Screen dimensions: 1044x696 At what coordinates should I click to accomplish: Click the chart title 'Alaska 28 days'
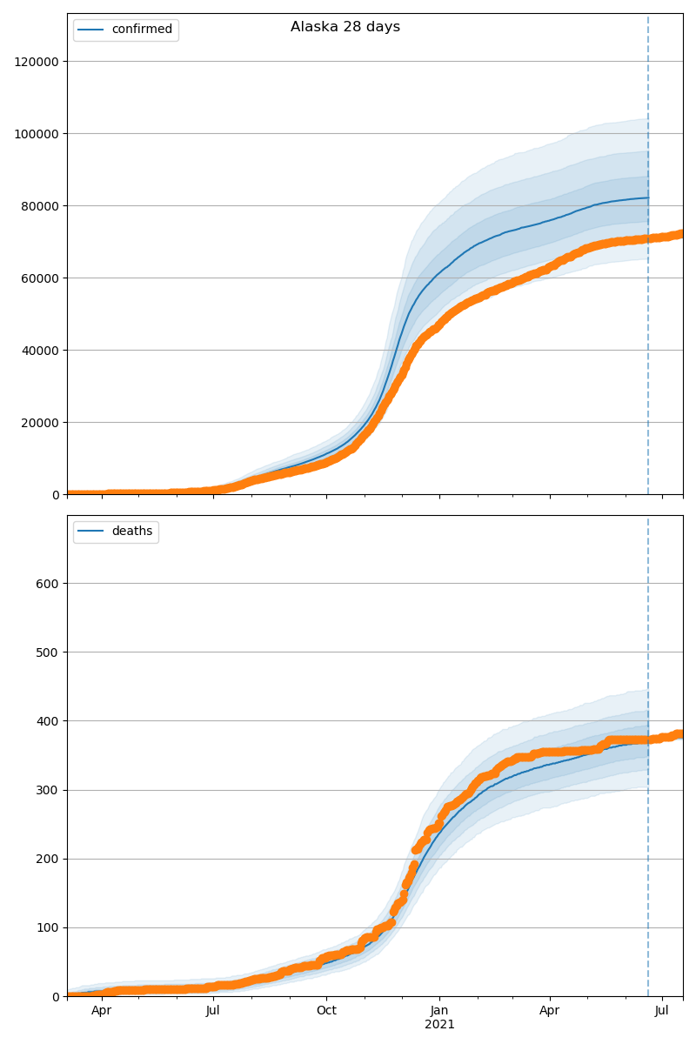[x=345, y=27]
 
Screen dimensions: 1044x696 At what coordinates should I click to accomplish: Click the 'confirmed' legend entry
[x=142, y=30]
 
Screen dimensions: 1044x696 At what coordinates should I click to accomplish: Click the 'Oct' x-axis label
[x=326, y=1011]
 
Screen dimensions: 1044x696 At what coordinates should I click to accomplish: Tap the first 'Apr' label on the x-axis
[x=102, y=1011]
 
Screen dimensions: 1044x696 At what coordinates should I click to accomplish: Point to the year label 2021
[x=439, y=1025]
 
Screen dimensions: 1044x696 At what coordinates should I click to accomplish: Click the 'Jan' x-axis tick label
[x=439, y=1011]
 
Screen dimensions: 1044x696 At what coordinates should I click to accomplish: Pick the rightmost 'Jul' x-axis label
[x=662, y=1011]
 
